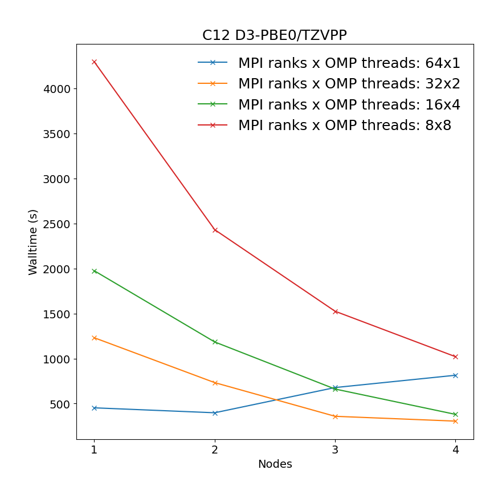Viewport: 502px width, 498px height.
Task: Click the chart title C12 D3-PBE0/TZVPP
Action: tap(274, 35)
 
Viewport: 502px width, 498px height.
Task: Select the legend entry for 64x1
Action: tap(349, 63)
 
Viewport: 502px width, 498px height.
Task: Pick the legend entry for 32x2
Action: tap(349, 84)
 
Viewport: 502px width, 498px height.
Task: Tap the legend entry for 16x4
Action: tap(349, 104)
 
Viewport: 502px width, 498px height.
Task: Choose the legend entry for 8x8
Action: tap(344, 125)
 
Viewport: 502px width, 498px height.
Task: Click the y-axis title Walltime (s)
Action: tap(33, 242)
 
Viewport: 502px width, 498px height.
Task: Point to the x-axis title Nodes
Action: tap(275, 464)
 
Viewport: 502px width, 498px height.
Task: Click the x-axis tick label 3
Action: tap(334, 450)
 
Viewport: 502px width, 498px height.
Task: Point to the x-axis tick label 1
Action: tap(94, 450)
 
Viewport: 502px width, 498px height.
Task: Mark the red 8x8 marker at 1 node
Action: tap(94, 62)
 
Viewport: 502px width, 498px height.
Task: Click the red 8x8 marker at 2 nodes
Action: tap(215, 230)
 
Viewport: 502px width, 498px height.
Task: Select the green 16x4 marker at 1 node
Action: tap(94, 271)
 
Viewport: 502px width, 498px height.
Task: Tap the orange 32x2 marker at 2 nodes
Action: tap(215, 383)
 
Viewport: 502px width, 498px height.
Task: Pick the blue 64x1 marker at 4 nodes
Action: tap(455, 375)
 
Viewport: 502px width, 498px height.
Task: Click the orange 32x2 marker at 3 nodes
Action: tap(335, 416)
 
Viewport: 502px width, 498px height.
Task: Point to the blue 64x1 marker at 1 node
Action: tap(94, 408)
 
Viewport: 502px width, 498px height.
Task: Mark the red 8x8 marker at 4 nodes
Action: tap(455, 357)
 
